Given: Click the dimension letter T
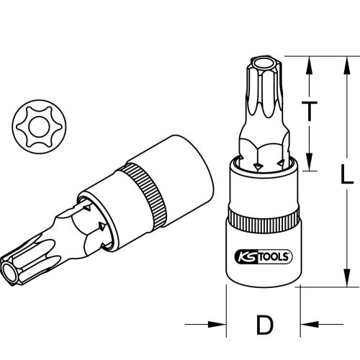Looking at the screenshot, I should pos(309,112).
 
